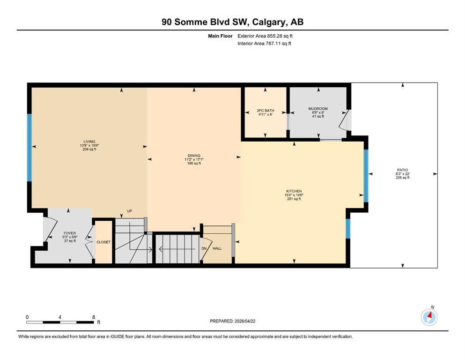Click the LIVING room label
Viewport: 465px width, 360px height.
(x=89, y=142)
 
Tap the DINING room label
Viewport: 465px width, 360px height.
(x=194, y=156)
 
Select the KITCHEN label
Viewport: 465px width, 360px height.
(x=294, y=191)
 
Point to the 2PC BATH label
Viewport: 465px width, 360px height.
(x=266, y=111)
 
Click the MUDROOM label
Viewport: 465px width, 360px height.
(x=318, y=109)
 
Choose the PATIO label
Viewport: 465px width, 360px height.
(x=403, y=170)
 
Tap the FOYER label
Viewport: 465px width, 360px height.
(x=70, y=233)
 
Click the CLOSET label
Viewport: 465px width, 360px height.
(x=103, y=242)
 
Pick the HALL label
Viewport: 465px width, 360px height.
(x=217, y=248)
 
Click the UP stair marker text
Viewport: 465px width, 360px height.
(x=130, y=211)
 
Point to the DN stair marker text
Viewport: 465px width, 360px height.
(x=204, y=248)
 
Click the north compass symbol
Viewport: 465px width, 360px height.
(x=429, y=317)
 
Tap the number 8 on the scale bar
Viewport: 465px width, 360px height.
(x=94, y=317)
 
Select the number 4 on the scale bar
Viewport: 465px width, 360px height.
(x=60, y=317)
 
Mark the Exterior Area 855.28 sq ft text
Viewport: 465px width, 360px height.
(x=265, y=36)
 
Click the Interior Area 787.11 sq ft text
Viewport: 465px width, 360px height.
(x=264, y=43)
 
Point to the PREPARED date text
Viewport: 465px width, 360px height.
(x=232, y=321)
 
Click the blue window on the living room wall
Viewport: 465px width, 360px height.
(x=30, y=148)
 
